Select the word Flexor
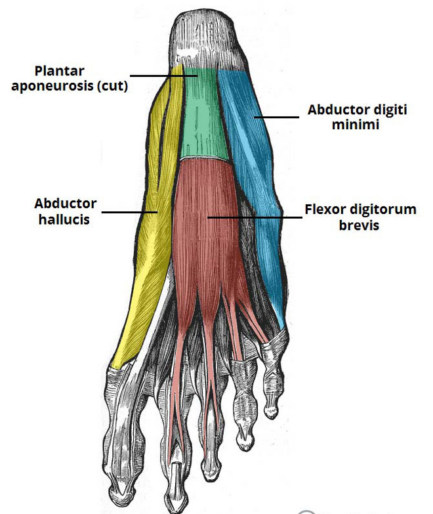tap(325, 210)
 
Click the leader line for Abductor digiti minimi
tap(278, 118)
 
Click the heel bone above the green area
tap(207, 36)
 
